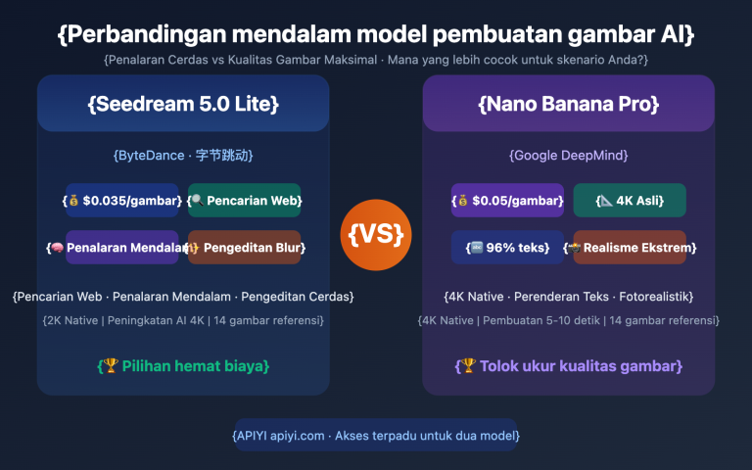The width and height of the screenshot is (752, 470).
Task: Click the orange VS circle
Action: coord(376,234)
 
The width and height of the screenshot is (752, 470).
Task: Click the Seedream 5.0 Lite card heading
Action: coord(183,104)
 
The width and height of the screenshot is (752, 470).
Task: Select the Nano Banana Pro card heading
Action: coord(568,104)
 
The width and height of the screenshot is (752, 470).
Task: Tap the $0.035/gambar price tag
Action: coord(122,201)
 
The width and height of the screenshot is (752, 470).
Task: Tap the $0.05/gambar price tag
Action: coord(507,201)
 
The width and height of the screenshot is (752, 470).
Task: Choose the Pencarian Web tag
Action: coord(245,201)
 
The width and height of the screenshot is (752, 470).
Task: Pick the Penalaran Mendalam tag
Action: coord(122,248)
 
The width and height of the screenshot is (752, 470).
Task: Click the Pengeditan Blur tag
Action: coord(245,248)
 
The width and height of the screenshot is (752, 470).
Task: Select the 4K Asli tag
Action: coord(630,201)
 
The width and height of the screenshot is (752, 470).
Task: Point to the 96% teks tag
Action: coord(507,248)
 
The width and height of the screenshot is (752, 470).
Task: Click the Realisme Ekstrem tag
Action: coord(630,248)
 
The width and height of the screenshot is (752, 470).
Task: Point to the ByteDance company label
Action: coord(183,156)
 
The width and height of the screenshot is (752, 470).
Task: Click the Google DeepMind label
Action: coord(568,156)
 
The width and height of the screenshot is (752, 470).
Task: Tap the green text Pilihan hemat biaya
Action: coord(183,366)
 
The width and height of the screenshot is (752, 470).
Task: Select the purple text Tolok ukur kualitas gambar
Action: coord(568,366)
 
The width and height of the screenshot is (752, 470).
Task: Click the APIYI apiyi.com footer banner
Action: coord(376,435)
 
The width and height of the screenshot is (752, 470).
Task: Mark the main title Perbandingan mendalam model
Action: coord(376,35)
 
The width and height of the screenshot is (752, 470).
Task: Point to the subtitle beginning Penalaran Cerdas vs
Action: coord(376,61)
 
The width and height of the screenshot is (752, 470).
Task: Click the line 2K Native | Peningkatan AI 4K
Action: coord(183,319)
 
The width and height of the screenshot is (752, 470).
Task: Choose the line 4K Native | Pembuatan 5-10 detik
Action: coord(568,319)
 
